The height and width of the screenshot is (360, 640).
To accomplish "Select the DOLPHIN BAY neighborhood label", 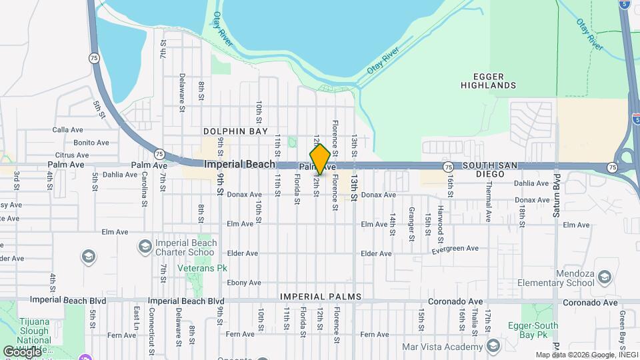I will point(231,132).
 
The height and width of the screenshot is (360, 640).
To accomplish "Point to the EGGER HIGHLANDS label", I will point(486,81).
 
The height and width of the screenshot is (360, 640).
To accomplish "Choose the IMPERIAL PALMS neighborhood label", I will point(321,297).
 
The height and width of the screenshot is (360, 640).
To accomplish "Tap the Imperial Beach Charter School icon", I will point(144,247).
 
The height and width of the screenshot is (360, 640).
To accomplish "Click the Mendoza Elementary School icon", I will point(604,277).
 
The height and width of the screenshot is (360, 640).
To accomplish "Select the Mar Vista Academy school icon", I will point(493,346).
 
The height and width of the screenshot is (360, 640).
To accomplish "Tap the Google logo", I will point(22,351).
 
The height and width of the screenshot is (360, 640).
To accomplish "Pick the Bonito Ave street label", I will point(91,143).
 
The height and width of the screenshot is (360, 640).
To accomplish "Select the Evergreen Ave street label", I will point(455,249).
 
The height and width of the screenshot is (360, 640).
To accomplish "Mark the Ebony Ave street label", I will point(243,283).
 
